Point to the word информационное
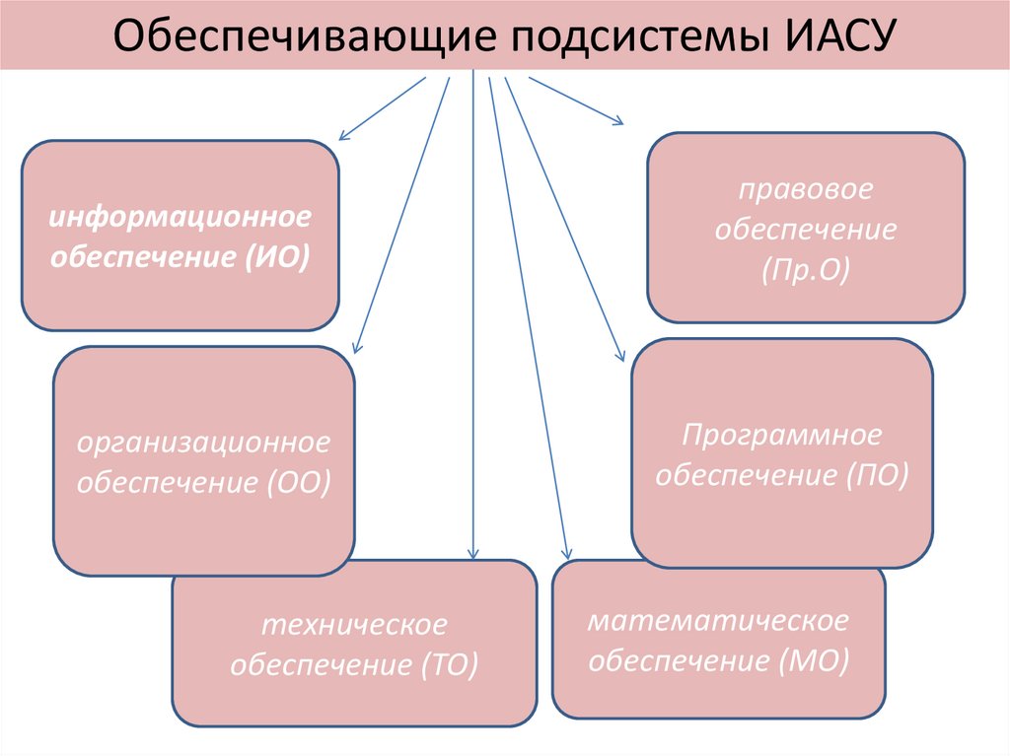pos(180,216)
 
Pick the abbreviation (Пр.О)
pos(805,271)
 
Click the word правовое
pos(806,188)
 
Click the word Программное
pos(781,435)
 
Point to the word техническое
pos(354,625)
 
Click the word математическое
pos(718,621)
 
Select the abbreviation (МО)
pos(819,661)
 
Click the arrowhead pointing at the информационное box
pos(343,136)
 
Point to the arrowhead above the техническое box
pos(474,555)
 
